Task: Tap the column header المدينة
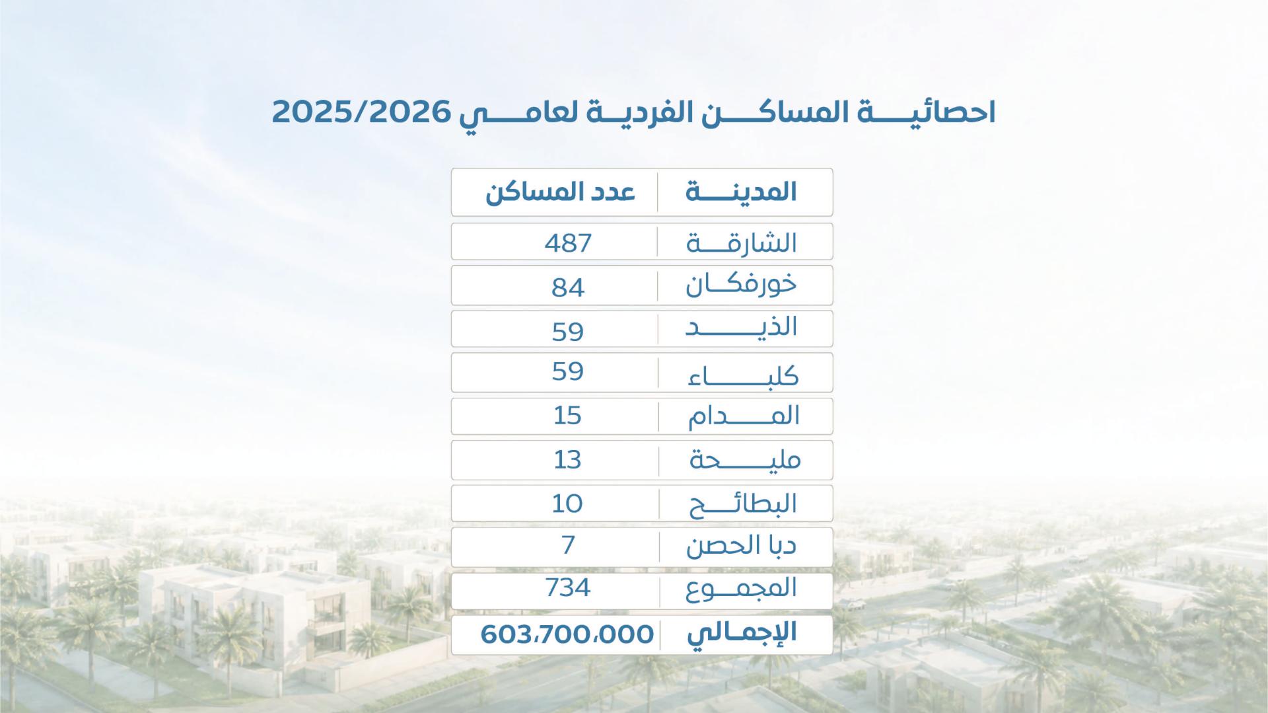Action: point(742,192)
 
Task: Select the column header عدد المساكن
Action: point(560,192)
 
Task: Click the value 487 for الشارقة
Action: point(568,243)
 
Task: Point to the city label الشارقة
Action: point(742,243)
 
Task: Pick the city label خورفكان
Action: point(741,285)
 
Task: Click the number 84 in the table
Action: point(568,287)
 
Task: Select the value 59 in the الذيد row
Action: point(568,331)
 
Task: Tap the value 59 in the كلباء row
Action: point(568,371)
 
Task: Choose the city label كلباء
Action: point(744,376)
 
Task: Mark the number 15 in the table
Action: point(567,416)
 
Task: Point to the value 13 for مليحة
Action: point(567,459)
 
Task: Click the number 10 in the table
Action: point(567,504)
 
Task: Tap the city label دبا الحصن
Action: point(741,546)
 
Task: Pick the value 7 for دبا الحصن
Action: point(568,545)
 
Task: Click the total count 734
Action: point(568,587)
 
